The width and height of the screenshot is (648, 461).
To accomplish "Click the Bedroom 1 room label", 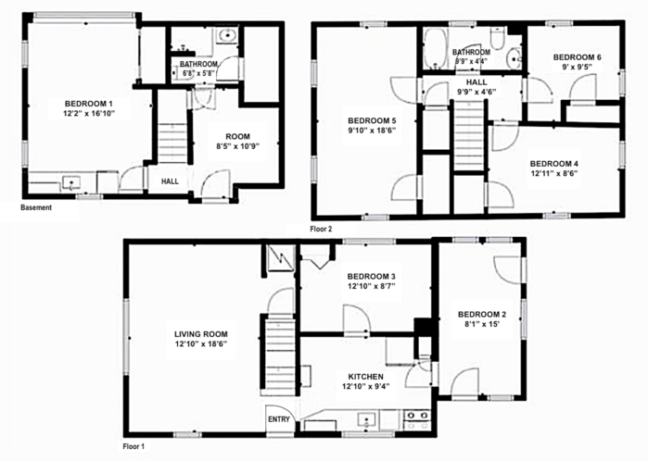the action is [x=88, y=103].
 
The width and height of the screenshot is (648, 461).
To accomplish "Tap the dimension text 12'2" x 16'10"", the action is [x=88, y=114].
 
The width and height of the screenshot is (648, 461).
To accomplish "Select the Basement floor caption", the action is [x=36, y=207].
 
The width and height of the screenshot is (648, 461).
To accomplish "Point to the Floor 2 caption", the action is [x=321, y=229].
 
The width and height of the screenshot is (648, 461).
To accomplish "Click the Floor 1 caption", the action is [x=133, y=446].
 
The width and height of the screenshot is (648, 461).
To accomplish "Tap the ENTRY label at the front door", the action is [x=279, y=419].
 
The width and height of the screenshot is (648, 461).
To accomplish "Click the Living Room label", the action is [x=201, y=334].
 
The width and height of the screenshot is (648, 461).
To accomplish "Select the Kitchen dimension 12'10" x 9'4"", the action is [x=366, y=386].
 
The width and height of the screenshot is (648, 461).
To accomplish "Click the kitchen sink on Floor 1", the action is [x=366, y=420].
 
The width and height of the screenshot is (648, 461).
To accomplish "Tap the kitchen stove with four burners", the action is [x=417, y=420].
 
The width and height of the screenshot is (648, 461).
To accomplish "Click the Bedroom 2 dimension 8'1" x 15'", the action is [x=482, y=324].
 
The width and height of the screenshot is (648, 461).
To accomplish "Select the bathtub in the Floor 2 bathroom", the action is [x=435, y=49].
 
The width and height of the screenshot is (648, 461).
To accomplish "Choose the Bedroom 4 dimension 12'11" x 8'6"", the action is [x=553, y=173].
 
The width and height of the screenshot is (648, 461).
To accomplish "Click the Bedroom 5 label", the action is [x=372, y=120].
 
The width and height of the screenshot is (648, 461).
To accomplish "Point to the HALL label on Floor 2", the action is [x=476, y=81].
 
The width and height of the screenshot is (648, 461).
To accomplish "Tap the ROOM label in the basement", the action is [x=237, y=136].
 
